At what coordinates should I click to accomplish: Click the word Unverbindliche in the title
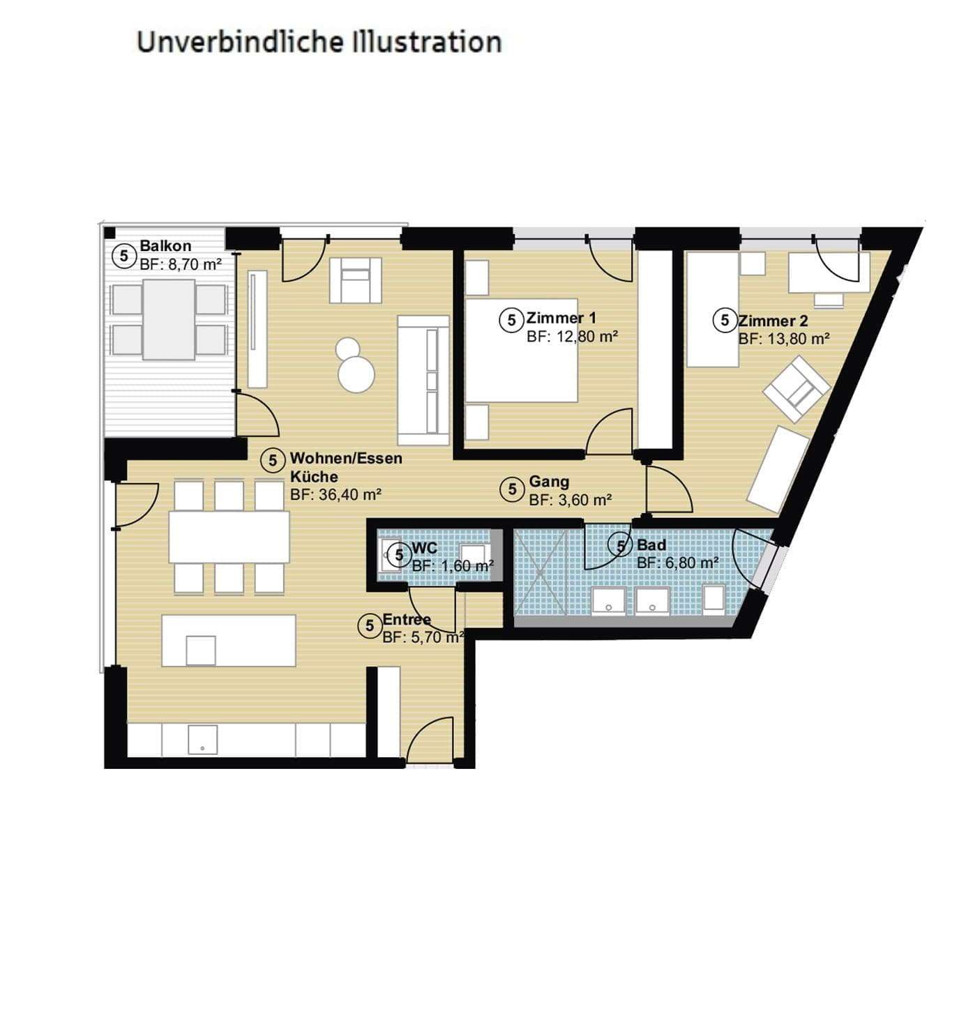coord(239,42)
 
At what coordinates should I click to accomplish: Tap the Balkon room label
coord(165,246)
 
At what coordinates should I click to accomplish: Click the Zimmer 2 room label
coord(773,321)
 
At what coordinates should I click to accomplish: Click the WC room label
coord(424,549)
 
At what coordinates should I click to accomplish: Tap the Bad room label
coord(651,545)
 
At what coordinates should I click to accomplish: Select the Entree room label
coord(407,619)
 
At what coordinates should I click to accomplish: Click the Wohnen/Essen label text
coord(346,459)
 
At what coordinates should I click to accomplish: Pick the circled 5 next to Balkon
coord(124,256)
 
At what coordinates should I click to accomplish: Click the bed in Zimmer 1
coord(521,350)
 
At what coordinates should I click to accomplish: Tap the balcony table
coord(168,319)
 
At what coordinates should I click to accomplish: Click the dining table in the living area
coord(229,537)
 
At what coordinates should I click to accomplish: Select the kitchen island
coord(229,640)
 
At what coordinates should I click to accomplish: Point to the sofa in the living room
coord(423,380)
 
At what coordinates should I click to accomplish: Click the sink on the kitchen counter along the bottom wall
coord(202,740)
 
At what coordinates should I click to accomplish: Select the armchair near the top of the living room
coord(356,280)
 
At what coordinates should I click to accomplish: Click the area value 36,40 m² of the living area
coord(335,495)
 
